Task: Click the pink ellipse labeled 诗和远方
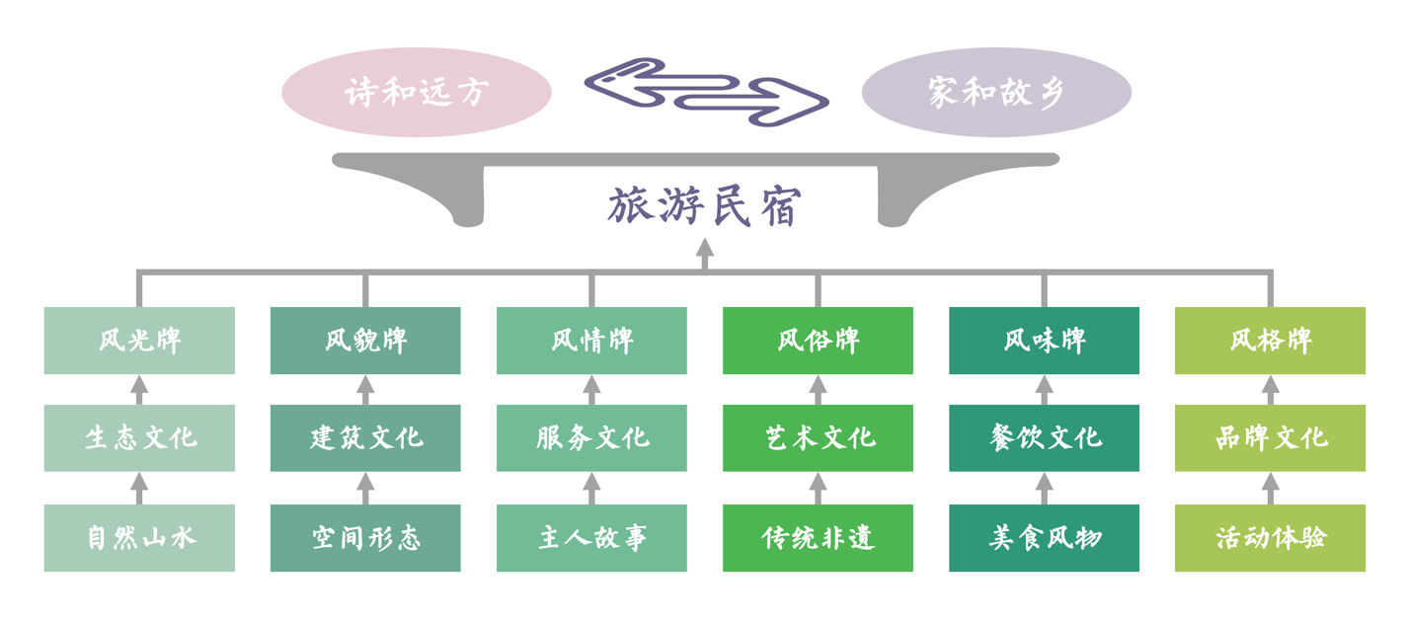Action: click(416, 92)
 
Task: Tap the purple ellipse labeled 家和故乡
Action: click(995, 92)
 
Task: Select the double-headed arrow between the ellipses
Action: click(706, 92)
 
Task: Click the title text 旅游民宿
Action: click(704, 206)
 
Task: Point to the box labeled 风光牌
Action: click(139, 341)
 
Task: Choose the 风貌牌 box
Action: click(365, 341)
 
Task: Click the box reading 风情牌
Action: click(591, 341)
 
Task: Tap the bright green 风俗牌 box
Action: click(818, 341)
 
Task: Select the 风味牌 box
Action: click(1044, 341)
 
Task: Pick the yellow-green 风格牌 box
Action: click(1270, 341)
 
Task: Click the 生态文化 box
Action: click(139, 437)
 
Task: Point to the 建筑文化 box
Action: click(365, 437)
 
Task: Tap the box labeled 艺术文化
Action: click(818, 437)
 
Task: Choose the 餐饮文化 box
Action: click(1044, 437)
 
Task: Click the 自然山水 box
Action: click(139, 538)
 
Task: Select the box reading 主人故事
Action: click(591, 538)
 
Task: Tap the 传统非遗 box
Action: click(818, 538)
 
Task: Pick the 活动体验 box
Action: click(1270, 538)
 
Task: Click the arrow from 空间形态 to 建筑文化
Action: click(365, 488)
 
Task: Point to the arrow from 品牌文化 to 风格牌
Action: click(1270, 389)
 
